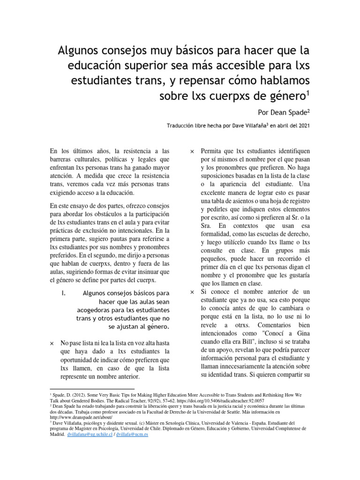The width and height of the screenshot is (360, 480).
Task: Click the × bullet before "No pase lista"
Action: tap(52, 343)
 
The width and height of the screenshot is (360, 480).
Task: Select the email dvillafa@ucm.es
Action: tap(132, 435)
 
